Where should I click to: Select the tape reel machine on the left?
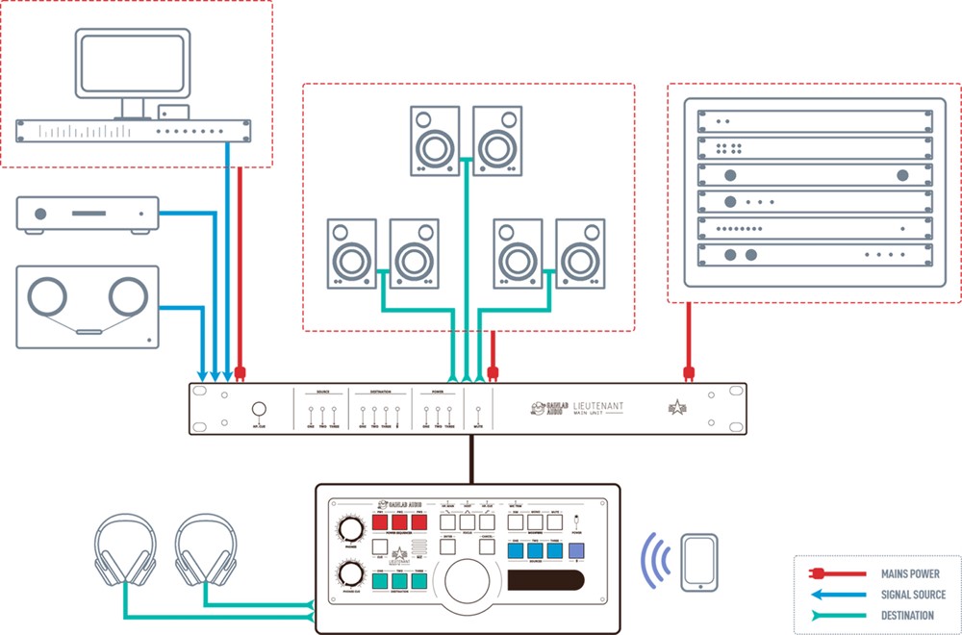(88, 306)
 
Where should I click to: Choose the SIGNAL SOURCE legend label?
(913, 595)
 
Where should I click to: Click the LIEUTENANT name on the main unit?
(598, 407)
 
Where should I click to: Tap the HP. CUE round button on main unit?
(259, 408)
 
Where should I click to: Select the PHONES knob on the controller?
(349, 529)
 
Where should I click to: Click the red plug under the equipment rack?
(688, 372)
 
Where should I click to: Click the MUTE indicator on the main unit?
(478, 411)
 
